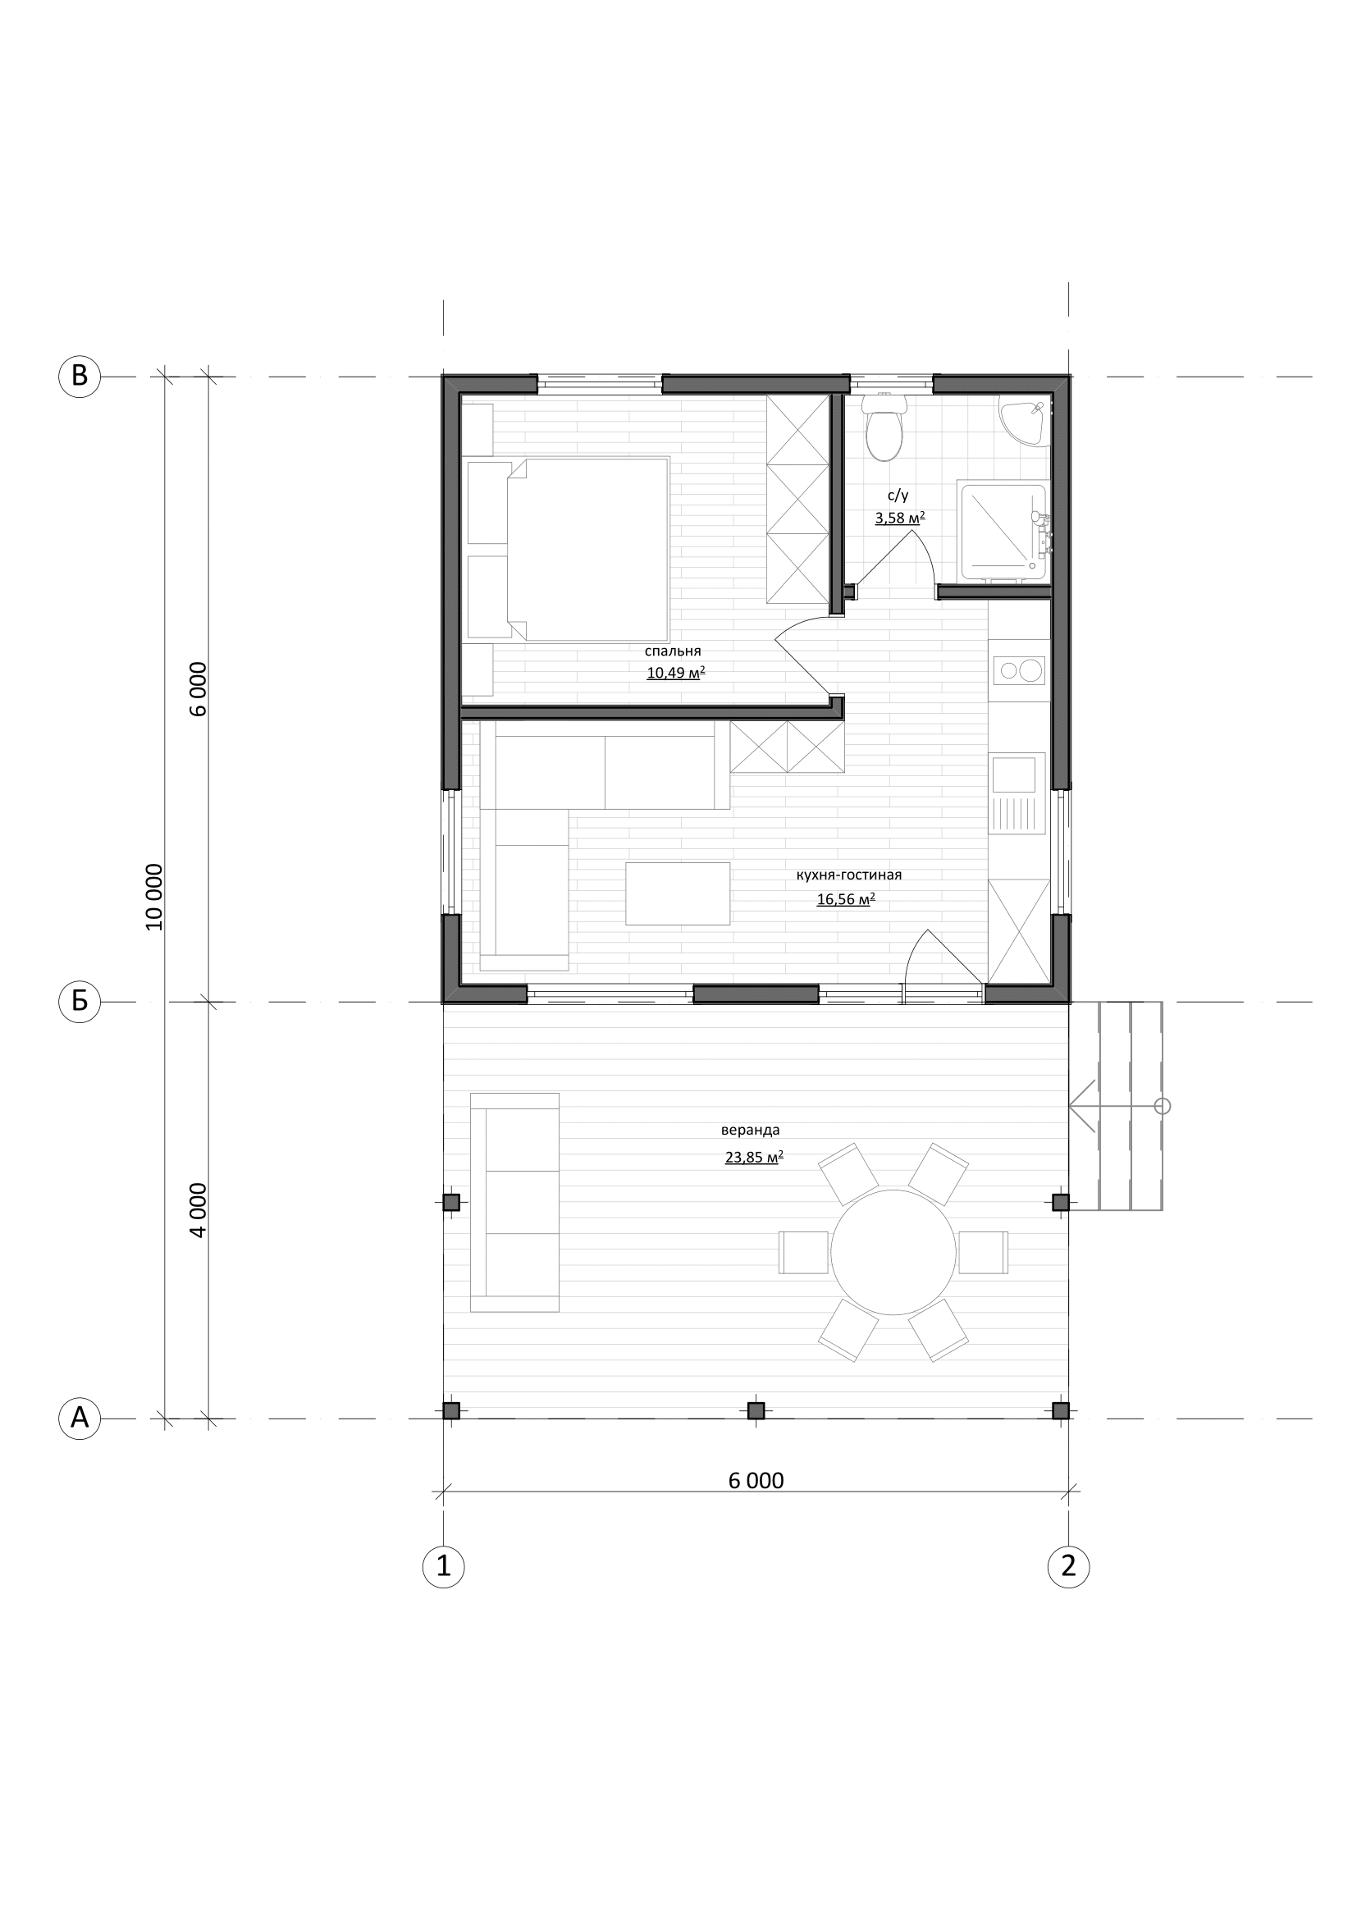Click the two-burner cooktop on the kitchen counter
click(x=1020, y=669)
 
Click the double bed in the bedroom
click(x=587, y=549)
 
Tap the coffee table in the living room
click(x=678, y=893)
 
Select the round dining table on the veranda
click(x=893, y=1252)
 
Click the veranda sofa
click(x=514, y=1202)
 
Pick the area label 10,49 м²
click(x=676, y=674)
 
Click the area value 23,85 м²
click(x=754, y=1158)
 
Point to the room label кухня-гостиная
click(x=849, y=875)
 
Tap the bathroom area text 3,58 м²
click(x=900, y=519)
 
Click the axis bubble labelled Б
click(x=80, y=1000)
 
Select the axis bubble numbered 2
click(x=1069, y=1565)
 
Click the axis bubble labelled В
click(x=80, y=376)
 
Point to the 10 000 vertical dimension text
click(x=153, y=897)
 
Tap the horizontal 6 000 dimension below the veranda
click(x=756, y=1480)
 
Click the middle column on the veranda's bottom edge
click(x=756, y=1411)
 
